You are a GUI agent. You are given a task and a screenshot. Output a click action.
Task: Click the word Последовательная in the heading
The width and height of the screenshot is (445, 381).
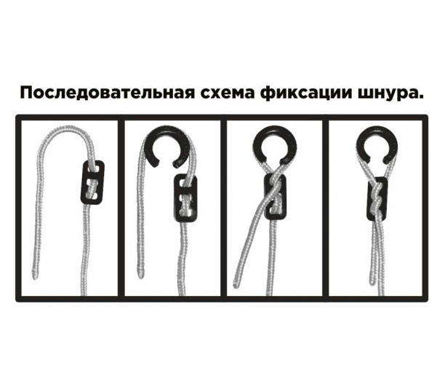[x=108, y=93]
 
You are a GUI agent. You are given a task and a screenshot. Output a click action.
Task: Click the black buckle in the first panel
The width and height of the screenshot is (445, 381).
[x=92, y=182]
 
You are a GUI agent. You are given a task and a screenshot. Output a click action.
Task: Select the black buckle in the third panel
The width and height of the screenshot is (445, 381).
[x=275, y=197]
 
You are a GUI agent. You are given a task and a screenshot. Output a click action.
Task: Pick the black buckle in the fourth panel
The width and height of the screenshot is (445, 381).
[x=377, y=199]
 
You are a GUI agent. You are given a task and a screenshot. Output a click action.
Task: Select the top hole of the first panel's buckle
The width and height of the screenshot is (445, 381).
[x=93, y=169]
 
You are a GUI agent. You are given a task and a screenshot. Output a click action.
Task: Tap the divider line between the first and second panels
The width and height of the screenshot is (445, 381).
[x=121, y=208]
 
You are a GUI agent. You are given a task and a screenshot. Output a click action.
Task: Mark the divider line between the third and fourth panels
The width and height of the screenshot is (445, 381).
[x=326, y=208]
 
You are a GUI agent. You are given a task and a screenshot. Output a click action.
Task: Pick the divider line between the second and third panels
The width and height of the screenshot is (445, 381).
[x=224, y=208]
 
